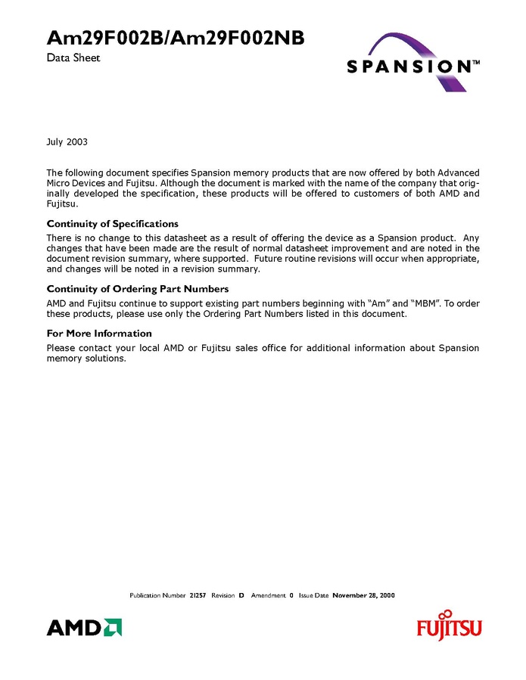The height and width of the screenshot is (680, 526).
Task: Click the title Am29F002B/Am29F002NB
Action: point(176,39)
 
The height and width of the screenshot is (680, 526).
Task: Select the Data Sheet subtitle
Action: point(73,57)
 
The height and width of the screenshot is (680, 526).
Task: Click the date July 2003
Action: point(67,141)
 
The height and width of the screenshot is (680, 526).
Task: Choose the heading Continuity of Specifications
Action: point(113,224)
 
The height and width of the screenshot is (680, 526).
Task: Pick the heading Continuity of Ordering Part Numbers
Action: point(138,289)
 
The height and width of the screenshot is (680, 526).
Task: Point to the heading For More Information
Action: point(99,333)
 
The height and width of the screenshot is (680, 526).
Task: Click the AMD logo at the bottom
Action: point(84,627)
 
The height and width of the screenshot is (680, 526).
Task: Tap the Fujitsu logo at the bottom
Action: point(449,626)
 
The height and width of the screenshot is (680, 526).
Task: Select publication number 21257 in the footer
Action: point(198,595)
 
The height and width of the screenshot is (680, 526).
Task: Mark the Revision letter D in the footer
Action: point(241,595)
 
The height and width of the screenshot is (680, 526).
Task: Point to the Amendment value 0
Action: point(291,595)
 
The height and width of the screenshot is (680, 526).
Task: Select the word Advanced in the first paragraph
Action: point(459,173)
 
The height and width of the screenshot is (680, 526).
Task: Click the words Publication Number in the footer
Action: point(157,595)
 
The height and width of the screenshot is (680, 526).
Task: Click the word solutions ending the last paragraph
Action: point(105,359)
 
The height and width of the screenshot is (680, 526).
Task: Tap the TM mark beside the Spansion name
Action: point(476,63)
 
